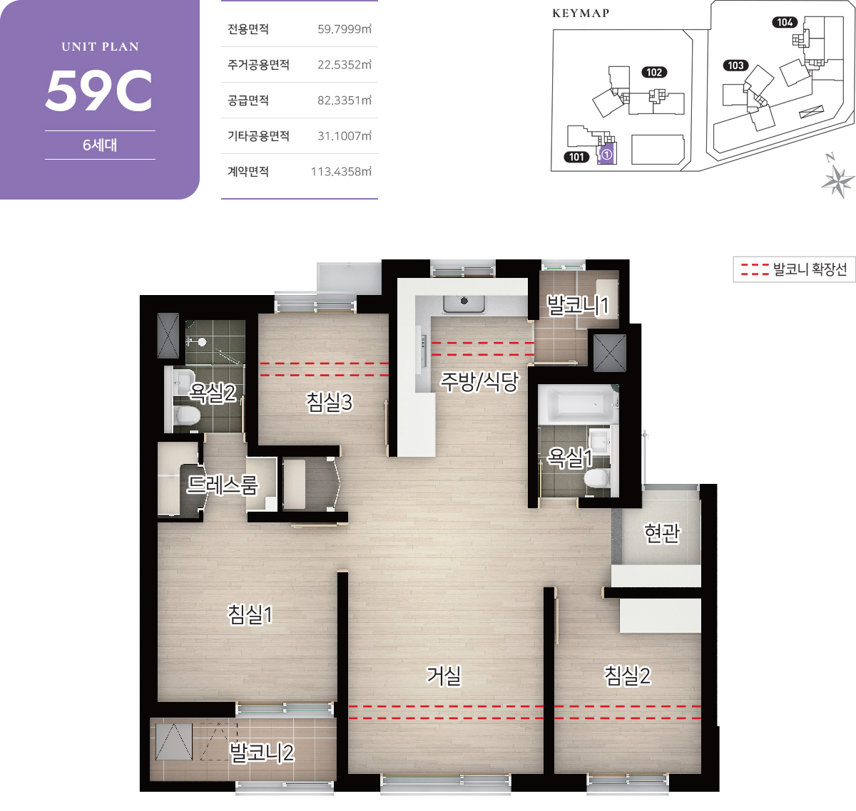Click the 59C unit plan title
[x=99, y=91]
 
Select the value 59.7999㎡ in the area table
[x=344, y=29]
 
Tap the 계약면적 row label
[x=248, y=172]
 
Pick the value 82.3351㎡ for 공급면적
[x=344, y=100]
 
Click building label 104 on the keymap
[x=785, y=22]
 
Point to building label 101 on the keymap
[x=576, y=157]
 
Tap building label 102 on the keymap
[x=654, y=72]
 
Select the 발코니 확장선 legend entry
[x=795, y=269]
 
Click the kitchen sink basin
[x=464, y=304]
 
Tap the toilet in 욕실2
[x=187, y=415]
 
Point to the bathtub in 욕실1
[x=576, y=404]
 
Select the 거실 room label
[x=443, y=676]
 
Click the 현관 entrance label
[x=662, y=533]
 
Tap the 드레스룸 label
[x=223, y=485]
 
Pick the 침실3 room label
[x=329, y=402]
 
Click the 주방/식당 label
[x=479, y=381]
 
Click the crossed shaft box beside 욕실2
[x=168, y=336]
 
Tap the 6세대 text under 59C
[x=100, y=145]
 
